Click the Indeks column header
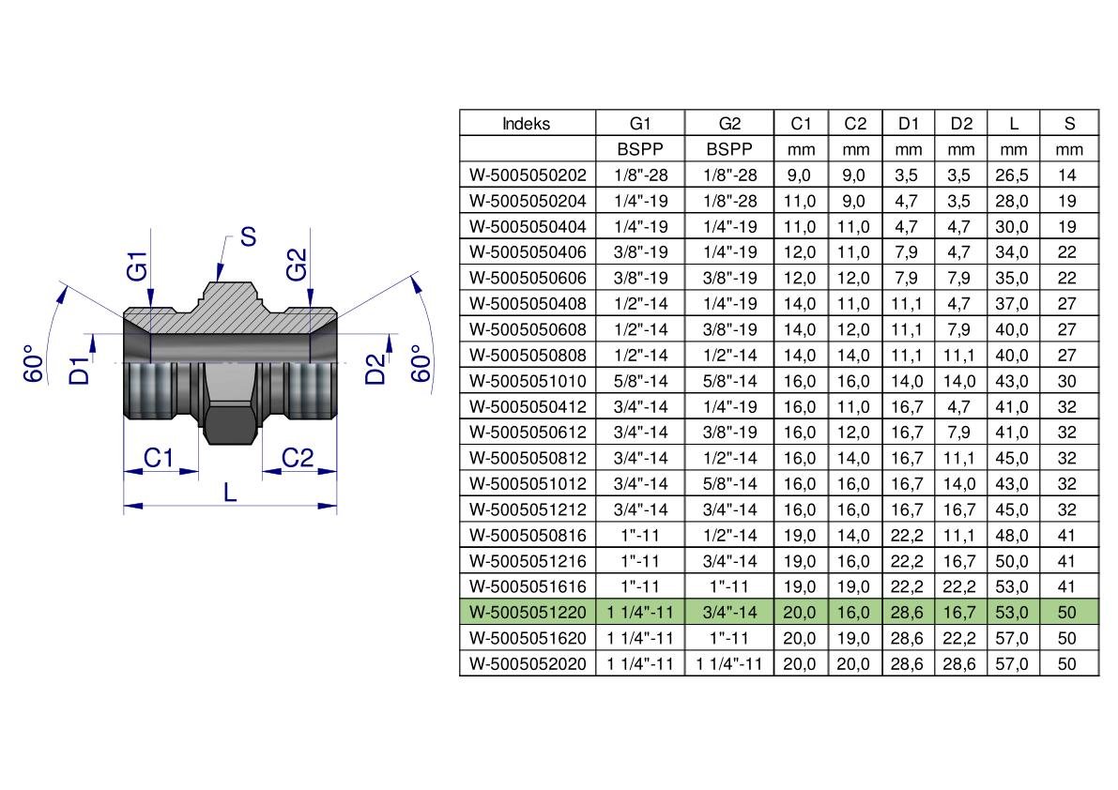tap(527, 124)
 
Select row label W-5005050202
tap(528, 175)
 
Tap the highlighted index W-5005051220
tap(528, 612)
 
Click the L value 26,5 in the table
tap(1013, 175)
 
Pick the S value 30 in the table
tap(1066, 381)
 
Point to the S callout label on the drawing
tap(248, 236)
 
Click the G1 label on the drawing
tap(137, 266)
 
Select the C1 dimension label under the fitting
tap(159, 457)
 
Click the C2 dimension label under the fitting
tap(298, 457)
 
